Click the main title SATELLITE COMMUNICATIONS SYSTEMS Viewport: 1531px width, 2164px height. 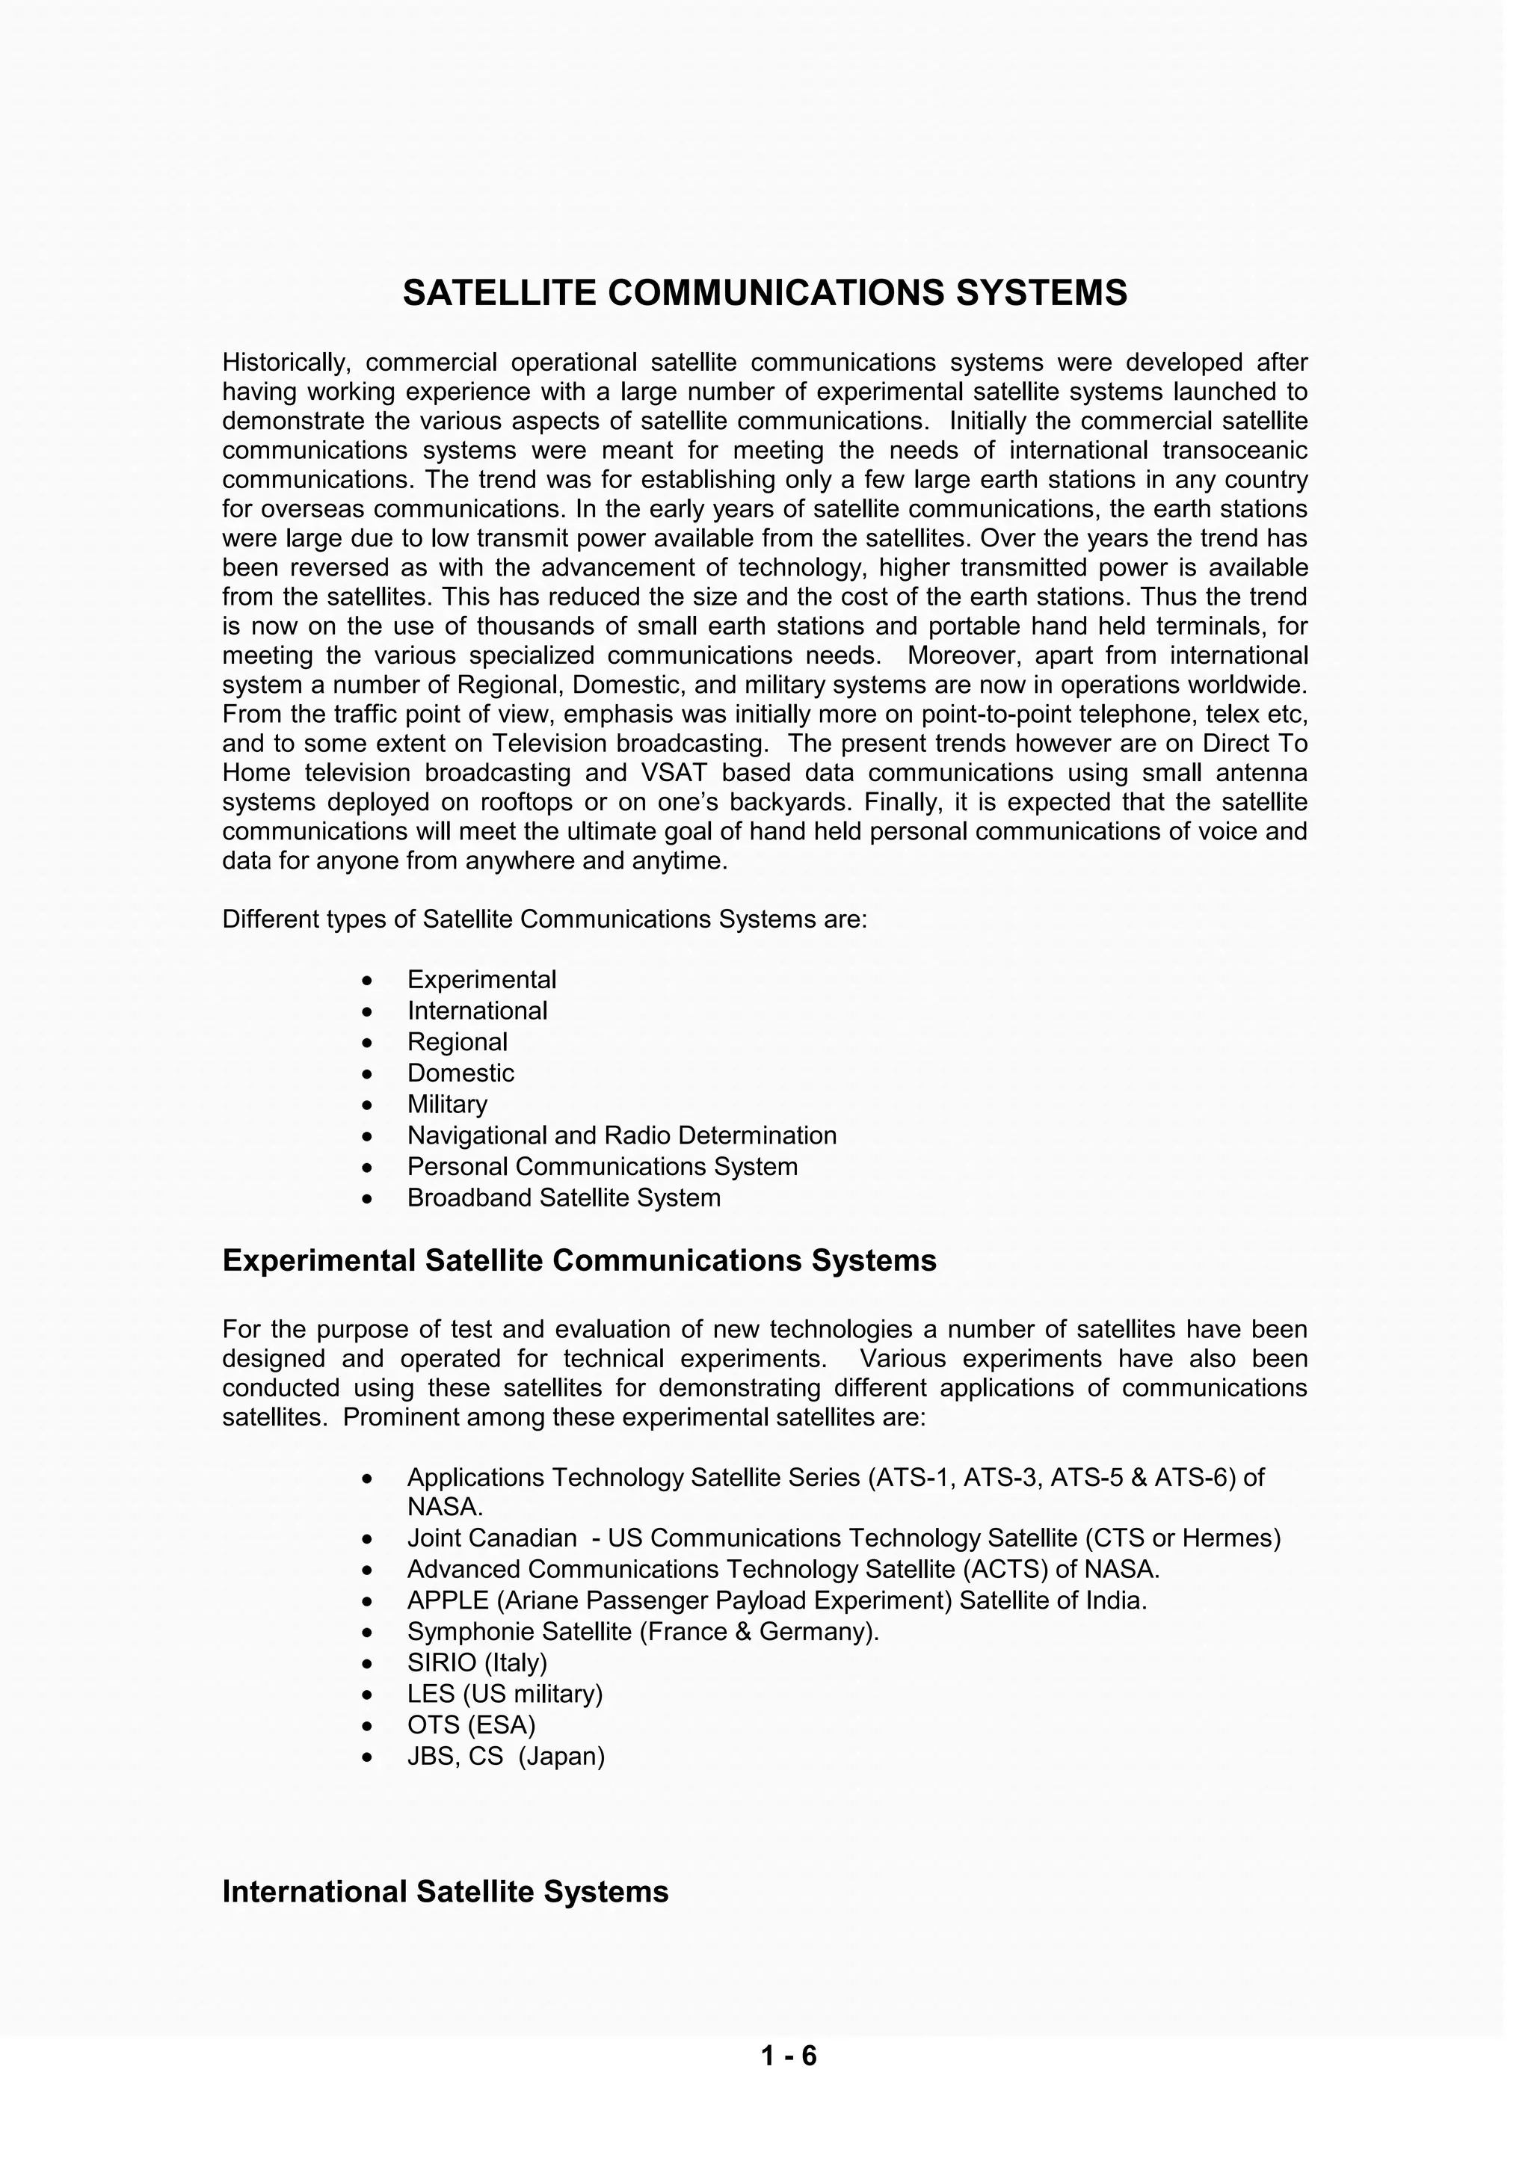765,293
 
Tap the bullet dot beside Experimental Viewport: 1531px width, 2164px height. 368,981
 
